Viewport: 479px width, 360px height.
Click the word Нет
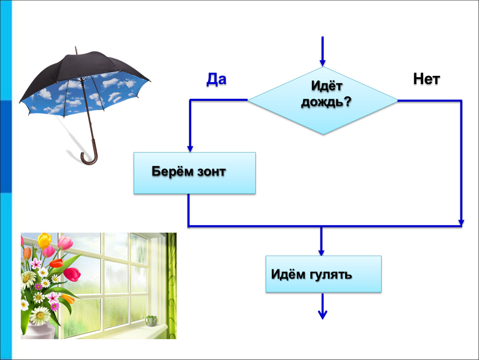[x=427, y=79]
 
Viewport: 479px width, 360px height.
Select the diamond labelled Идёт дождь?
[x=323, y=100]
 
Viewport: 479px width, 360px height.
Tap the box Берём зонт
[x=195, y=173]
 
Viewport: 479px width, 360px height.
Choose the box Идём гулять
[x=324, y=274]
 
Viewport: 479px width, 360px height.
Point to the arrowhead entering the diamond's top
[x=322, y=63]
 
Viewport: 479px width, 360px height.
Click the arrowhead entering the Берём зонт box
[x=190, y=148]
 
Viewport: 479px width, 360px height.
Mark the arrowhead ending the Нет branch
[x=461, y=223]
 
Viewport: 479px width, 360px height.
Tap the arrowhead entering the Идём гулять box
[x=321, y=252]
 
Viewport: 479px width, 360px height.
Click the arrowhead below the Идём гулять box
[x=322, y=315]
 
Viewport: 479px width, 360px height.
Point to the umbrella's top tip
[x=76, y=47]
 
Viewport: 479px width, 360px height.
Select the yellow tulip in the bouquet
[x=45, y=240]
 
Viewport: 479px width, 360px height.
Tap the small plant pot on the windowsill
[x=151, y=320]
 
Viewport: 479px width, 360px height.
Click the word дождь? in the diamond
[x=326, y=102]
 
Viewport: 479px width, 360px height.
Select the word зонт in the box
[x=212, y=171]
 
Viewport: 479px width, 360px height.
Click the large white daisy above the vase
[x=40, y=315]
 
